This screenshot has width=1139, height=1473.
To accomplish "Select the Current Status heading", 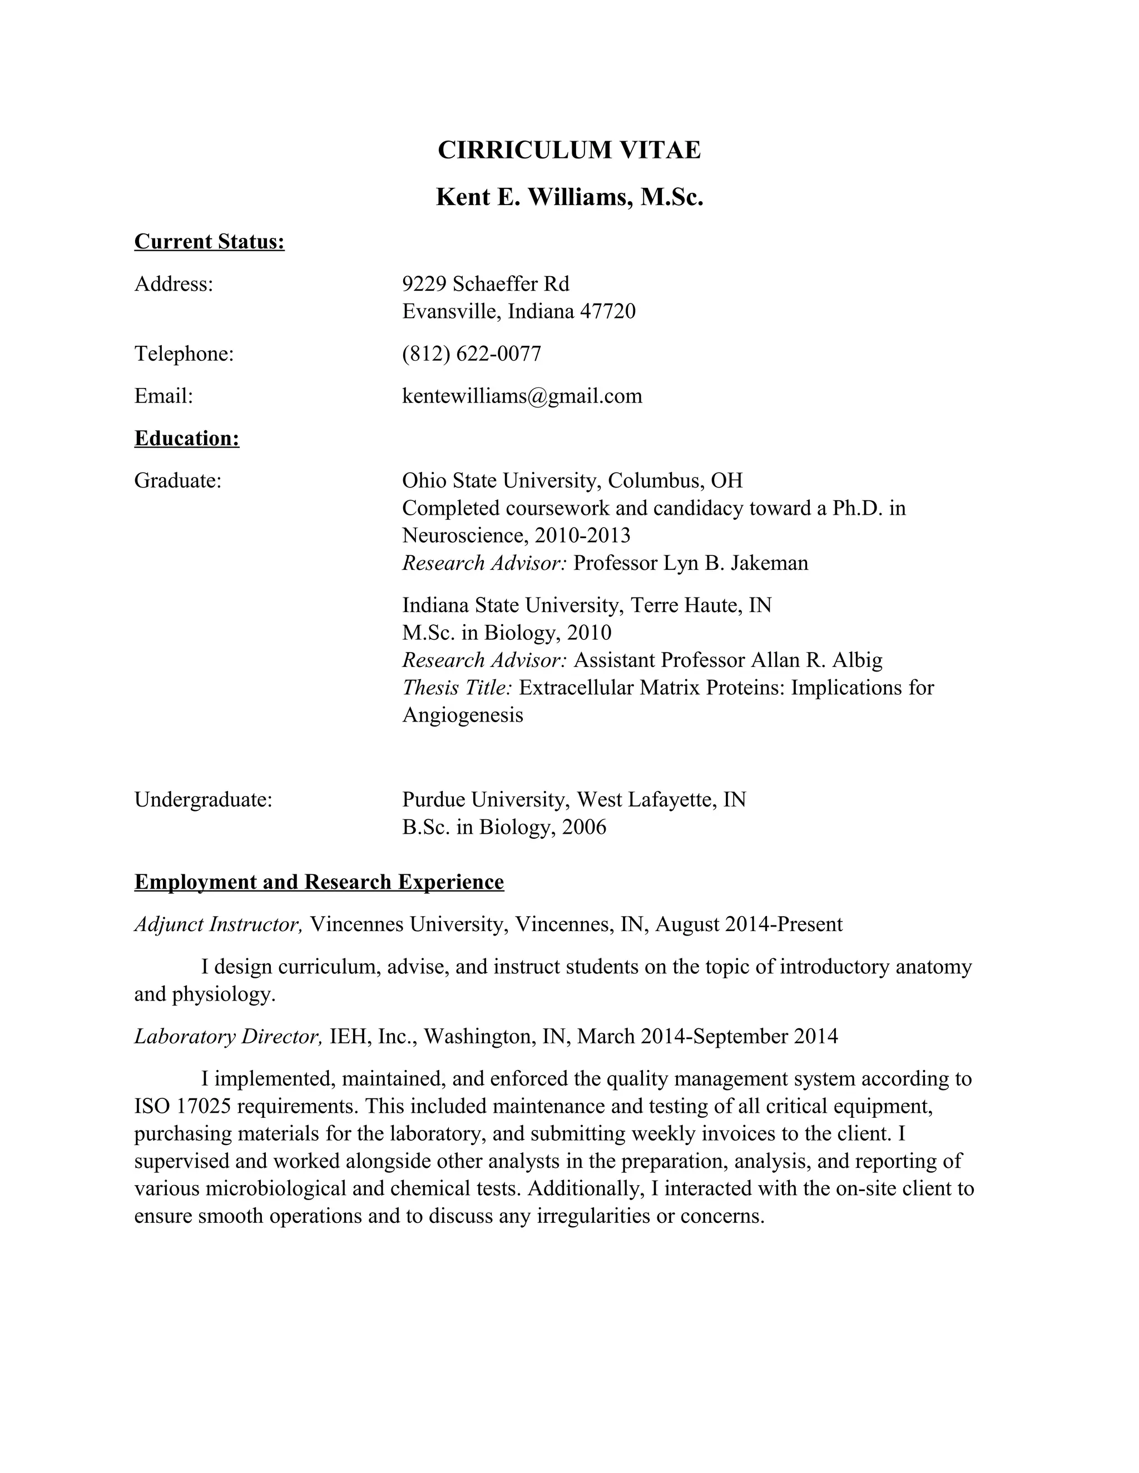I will [x=209, y=241].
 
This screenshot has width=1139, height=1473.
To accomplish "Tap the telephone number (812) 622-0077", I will [x=472, y=354].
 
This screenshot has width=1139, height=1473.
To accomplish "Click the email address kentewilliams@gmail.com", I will [x=522, y=395].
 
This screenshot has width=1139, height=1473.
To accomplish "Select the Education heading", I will [x=187, y=439].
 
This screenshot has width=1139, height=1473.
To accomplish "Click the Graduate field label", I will [x=178, y=480].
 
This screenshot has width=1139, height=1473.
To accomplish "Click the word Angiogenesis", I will [x=463, y=715].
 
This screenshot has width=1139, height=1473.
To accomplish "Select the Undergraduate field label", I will [x=203, y=799].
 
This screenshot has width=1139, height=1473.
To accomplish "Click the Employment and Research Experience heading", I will [x=319, y=882].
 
